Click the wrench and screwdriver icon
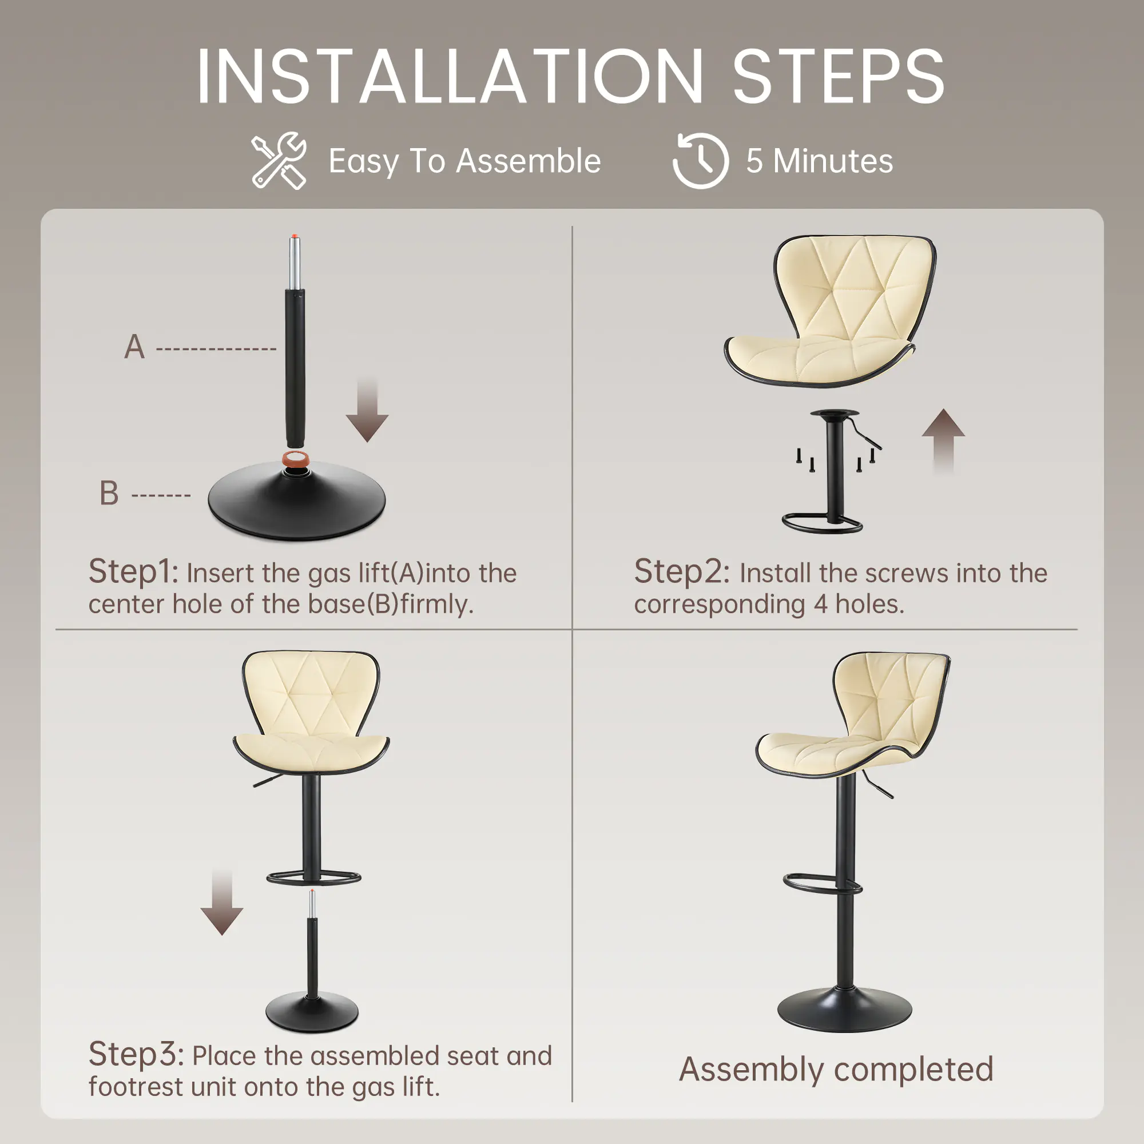tap(279, 161)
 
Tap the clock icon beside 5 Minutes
tap(701, 161)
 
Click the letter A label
tap(134, 347)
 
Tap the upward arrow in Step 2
tap(943, 441)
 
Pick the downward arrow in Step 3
tap(221, 903)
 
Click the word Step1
tap(133, 572)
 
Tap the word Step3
tap(136, 1055)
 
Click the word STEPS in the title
tap(839, 78)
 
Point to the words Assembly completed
tap(836, 1070)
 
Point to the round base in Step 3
tap(312, 1012)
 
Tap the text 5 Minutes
tap(820, 161)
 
